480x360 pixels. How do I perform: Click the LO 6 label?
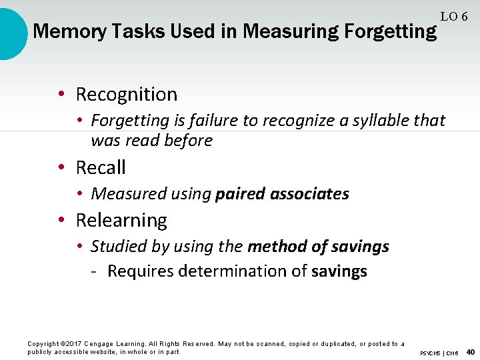pyautogui.click(x=453, y=17)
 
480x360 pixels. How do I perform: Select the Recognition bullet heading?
pyautogui.click(x=126, y=95)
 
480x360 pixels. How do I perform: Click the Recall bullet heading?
pyautogui.click(x=101, y=167)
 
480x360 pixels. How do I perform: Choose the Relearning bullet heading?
pyautogui.click(x=121, y=220)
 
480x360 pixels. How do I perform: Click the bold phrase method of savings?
pyautogui.click(x=318, y=247)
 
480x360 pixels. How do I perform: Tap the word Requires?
pyautogui.click(x=137, y=271)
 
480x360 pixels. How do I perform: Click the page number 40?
pyautogui.click(x=471, y=352)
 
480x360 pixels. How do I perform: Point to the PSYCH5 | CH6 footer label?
pyautogui.click(x=439, y=353)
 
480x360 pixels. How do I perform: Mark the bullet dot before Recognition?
pyautogui.click(x=61, y=95)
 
